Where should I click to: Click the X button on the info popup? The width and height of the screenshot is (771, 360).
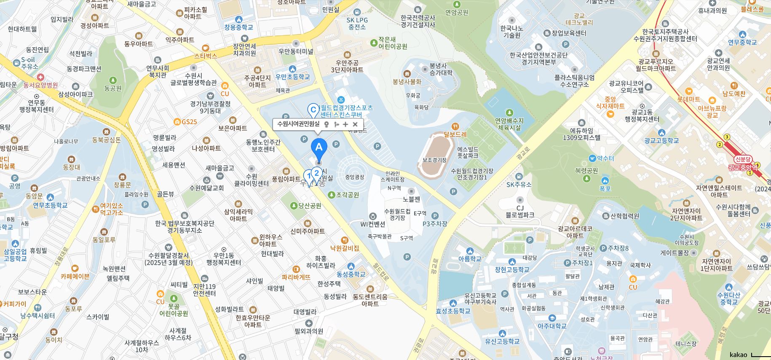point(355,124)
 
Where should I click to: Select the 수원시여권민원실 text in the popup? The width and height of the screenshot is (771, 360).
point(298,124)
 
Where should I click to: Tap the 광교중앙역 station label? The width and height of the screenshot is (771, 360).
point(743,167)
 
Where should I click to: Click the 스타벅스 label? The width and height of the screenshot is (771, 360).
point(206,55)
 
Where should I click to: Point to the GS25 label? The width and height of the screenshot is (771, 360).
point(189,122)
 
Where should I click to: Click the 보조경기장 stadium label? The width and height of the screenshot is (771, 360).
point(434,160)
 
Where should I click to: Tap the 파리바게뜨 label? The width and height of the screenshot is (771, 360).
point(296,277)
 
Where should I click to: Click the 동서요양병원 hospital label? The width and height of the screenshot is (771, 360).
point(40,85)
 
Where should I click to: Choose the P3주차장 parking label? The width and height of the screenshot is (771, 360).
point(435,224)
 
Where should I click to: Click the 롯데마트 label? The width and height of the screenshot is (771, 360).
point(688,99)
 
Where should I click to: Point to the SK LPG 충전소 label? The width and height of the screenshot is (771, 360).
point(357,23)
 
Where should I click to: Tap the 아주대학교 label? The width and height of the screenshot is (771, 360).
point(552,326)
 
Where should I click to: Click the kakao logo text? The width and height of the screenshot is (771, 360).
point(738,355)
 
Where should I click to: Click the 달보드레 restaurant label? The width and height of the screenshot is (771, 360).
point(455,134)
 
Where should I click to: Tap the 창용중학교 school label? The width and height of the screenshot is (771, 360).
point(239,27)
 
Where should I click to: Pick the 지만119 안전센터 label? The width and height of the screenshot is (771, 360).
point(204,290)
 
